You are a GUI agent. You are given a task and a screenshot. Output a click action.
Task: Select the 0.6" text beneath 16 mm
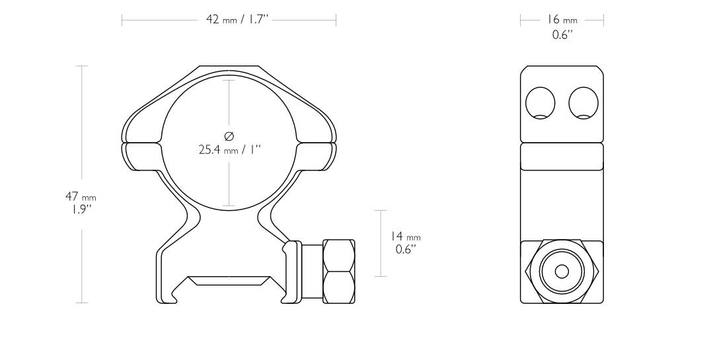click(562, 34)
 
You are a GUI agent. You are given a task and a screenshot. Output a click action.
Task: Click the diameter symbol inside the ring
click(229, 136)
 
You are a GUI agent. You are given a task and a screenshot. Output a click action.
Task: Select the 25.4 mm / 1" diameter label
click(229, 150)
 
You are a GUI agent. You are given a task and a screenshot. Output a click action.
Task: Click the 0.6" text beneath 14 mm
click(405, 249)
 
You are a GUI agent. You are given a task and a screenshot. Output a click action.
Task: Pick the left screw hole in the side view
click(540, 103)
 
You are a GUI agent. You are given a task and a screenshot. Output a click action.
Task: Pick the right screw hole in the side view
click(583, 103)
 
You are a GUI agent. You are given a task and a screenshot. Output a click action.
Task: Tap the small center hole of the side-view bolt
click(562, 271)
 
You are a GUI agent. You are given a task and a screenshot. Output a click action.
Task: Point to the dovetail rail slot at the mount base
click(229, 281)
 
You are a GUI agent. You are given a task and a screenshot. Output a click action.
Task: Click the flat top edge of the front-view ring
click(229, 67)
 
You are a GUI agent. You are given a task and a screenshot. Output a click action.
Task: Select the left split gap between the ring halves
click(141, 142)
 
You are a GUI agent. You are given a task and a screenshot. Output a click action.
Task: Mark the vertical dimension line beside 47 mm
click(82, 132)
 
